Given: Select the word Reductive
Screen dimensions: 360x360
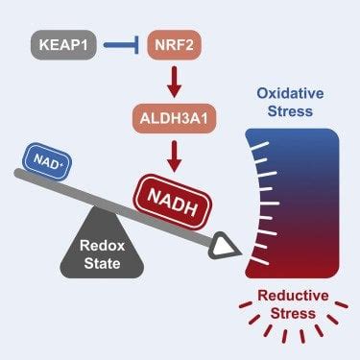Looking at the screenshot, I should [293, 299].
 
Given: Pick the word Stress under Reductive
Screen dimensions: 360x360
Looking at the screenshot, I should [293, 318].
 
